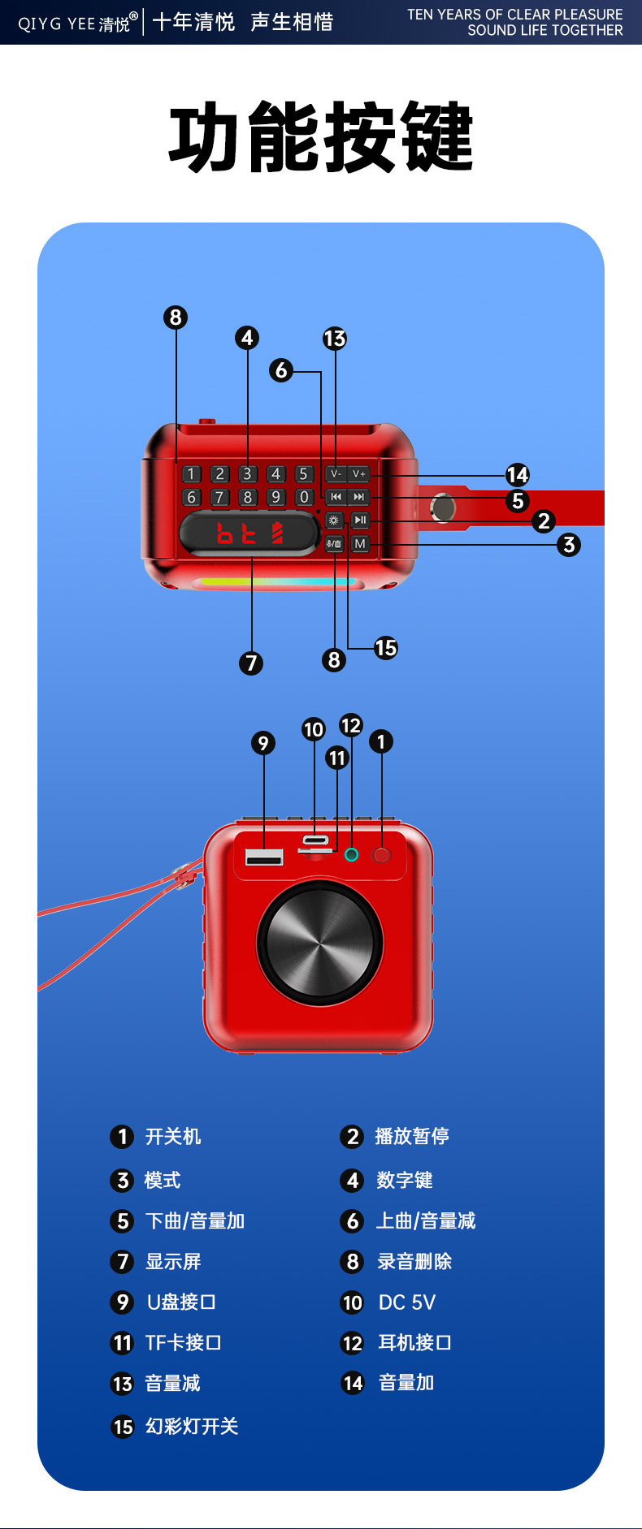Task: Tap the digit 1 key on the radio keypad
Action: click(192, 473)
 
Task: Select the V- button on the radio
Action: click(336, 473)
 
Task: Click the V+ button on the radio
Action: click(359, 473)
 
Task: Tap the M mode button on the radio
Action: click(360, 543)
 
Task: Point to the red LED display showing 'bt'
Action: click(249, 533)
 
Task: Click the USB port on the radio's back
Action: click(264, 857)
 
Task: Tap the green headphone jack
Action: click(351, 854)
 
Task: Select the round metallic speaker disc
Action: click(320, 943)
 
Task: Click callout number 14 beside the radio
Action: click(517, 475)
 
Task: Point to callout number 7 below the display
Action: click(251, 663)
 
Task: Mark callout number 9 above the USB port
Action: click(262, 743)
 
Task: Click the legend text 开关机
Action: click(173, 1136)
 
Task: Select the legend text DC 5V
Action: click(407, 1302)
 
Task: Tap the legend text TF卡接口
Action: click(183, 1343)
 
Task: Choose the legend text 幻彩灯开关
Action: click(192, 1427)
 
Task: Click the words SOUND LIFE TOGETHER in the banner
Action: click(544, 30)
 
